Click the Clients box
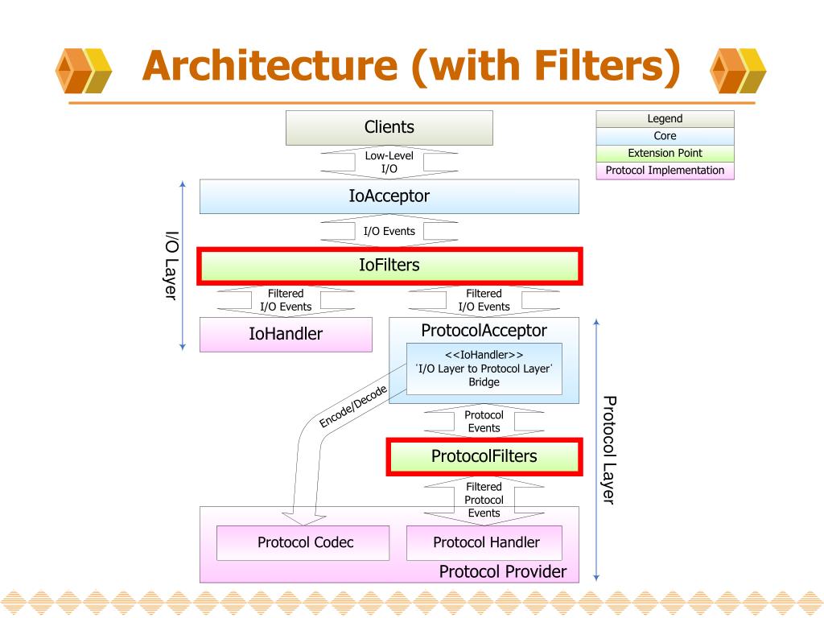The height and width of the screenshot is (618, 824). (x=389, y=127)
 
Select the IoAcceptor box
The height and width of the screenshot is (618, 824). (x=389, y=196)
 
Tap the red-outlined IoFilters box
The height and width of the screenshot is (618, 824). (x=389, y=265)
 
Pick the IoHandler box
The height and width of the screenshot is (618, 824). (x=286, y=334)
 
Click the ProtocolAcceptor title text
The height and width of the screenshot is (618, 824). (x=484, y=331)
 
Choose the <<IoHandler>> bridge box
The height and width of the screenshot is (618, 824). (x=484, y=369)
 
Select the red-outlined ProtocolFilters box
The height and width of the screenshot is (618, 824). (x=484, y=456)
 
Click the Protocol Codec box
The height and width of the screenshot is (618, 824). (x=305, y=542)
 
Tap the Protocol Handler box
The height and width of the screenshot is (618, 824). (x=486, y=542)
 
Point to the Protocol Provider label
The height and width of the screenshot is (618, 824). (x=502, y=572)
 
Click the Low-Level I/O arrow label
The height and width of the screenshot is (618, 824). (x=389, y=162)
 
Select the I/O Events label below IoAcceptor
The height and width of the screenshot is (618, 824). (x=389, y=231)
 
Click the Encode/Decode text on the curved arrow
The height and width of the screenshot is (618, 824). (x=353, y=406)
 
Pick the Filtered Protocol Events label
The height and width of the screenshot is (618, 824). (x=484, y=500)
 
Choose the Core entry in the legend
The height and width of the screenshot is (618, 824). (x=665, y=136)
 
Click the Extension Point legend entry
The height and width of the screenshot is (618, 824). (x=665, y=153)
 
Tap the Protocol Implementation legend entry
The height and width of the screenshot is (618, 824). (x=665, y=171)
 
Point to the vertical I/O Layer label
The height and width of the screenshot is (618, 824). (x=171, y=265)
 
